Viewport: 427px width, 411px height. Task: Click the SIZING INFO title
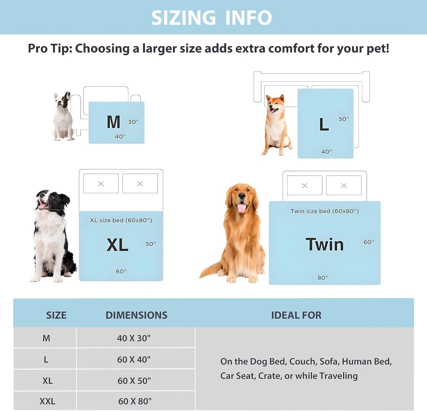pyautogui.click(x=212, y=18)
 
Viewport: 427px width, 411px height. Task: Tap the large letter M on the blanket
pyautogui.click(x=113, y=122)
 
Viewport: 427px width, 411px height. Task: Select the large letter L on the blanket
pyautogui.click(x=324, y=125)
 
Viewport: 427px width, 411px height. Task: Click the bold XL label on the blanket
pyautogui.click(x=117, y=245)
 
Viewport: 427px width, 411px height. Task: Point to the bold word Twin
pyautogui.click(x=324, y=244)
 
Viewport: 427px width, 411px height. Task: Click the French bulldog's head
pyautogui.click(x=62, y=100)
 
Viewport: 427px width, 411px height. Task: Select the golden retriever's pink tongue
pyautogui.click(x=241, y=208)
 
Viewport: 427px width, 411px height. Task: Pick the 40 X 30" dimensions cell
pyautogui.click(x=134, y=338)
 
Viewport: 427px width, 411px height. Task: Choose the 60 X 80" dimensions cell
pyautogui.click(x=135, y=401)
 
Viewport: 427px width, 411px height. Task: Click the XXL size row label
pyautogui.click(x=47, y=401)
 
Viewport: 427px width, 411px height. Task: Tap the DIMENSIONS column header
pyautogui.click(x=137, y=315)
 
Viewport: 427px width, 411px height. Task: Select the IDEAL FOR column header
pyautogui.click(x=296, y=315)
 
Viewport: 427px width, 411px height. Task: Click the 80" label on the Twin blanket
pyautogui.click(x=323, y=278)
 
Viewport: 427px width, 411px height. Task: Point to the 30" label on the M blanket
pyautogui.click(x=133, y=122)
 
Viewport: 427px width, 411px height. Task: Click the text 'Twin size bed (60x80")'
pyautogui.click(x=324, y=211)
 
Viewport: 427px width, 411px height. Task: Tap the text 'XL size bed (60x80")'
pyautogui.click(x=121, y=221)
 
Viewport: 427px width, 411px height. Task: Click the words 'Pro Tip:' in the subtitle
pyautogui.click(x=50, y=49)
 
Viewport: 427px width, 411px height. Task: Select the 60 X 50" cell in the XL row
pyautogui.click(x=134, y=381)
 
